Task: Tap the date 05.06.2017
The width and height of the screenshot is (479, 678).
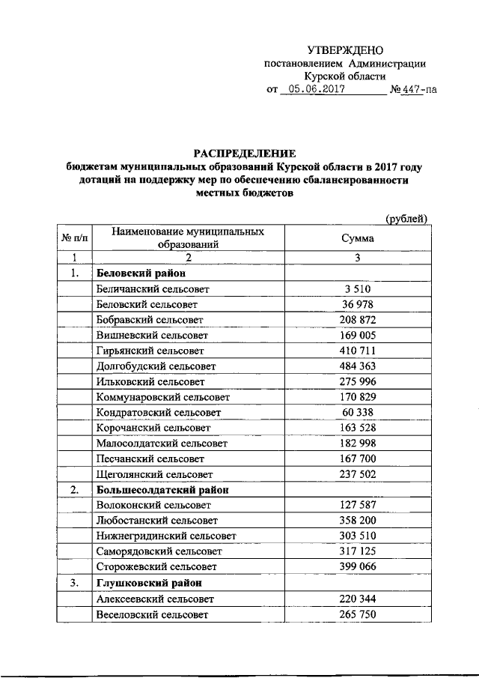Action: [313, 90]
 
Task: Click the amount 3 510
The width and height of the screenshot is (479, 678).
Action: [358, 288]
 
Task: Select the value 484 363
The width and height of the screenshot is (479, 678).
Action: [358, 366]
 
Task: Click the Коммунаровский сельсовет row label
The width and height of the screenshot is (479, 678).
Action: [163, 397]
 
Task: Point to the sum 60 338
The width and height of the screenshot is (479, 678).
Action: [358, 413]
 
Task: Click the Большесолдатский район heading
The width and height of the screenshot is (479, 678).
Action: [162, 490]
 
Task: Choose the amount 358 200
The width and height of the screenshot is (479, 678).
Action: [358, 521]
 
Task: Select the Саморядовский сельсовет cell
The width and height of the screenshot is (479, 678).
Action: [159, 552]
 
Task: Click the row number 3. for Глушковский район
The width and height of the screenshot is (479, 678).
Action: [74, 583]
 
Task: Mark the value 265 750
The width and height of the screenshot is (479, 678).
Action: [358, 614]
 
